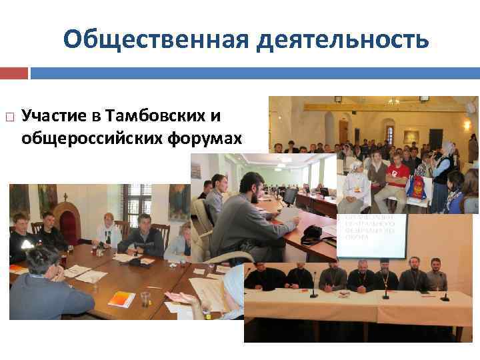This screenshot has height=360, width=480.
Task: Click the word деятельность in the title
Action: (x=341, y=39)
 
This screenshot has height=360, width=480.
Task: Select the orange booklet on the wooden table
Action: (x=121, y=299)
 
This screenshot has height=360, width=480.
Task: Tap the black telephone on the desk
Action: (x=311, y=235)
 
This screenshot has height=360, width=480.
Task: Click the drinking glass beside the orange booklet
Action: (x=145, y=299)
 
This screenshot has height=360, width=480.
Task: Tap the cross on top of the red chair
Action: (x=65, y=197)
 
